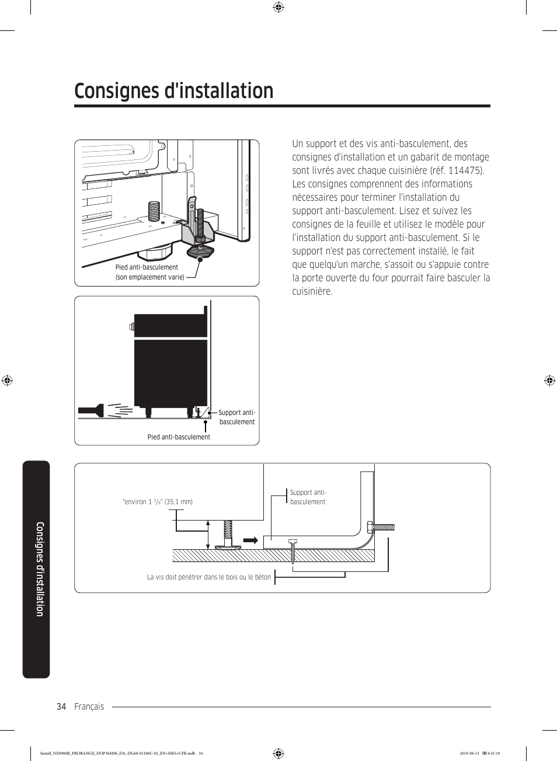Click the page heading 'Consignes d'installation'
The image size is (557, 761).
(174, 91)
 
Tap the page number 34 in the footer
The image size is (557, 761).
(61, 707)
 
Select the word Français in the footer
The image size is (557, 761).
(89, 707)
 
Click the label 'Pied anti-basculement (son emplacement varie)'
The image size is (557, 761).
(149, 272)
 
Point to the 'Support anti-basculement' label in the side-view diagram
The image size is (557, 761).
(237, 417)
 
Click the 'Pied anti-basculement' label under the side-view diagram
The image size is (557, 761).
(179, 437)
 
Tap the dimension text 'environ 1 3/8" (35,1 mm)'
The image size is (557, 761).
(158, 502)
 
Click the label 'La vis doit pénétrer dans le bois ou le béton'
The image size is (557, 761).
(209, 577)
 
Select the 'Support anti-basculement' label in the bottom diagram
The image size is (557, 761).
(308, 497)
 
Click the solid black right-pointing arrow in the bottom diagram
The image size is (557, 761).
(251, 540)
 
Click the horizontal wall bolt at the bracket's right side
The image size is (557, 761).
(381, 527)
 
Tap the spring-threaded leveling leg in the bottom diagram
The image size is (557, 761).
(227, 533)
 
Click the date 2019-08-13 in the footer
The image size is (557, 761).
(469, 753)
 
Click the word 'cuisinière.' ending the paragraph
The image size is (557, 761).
(312, 291)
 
